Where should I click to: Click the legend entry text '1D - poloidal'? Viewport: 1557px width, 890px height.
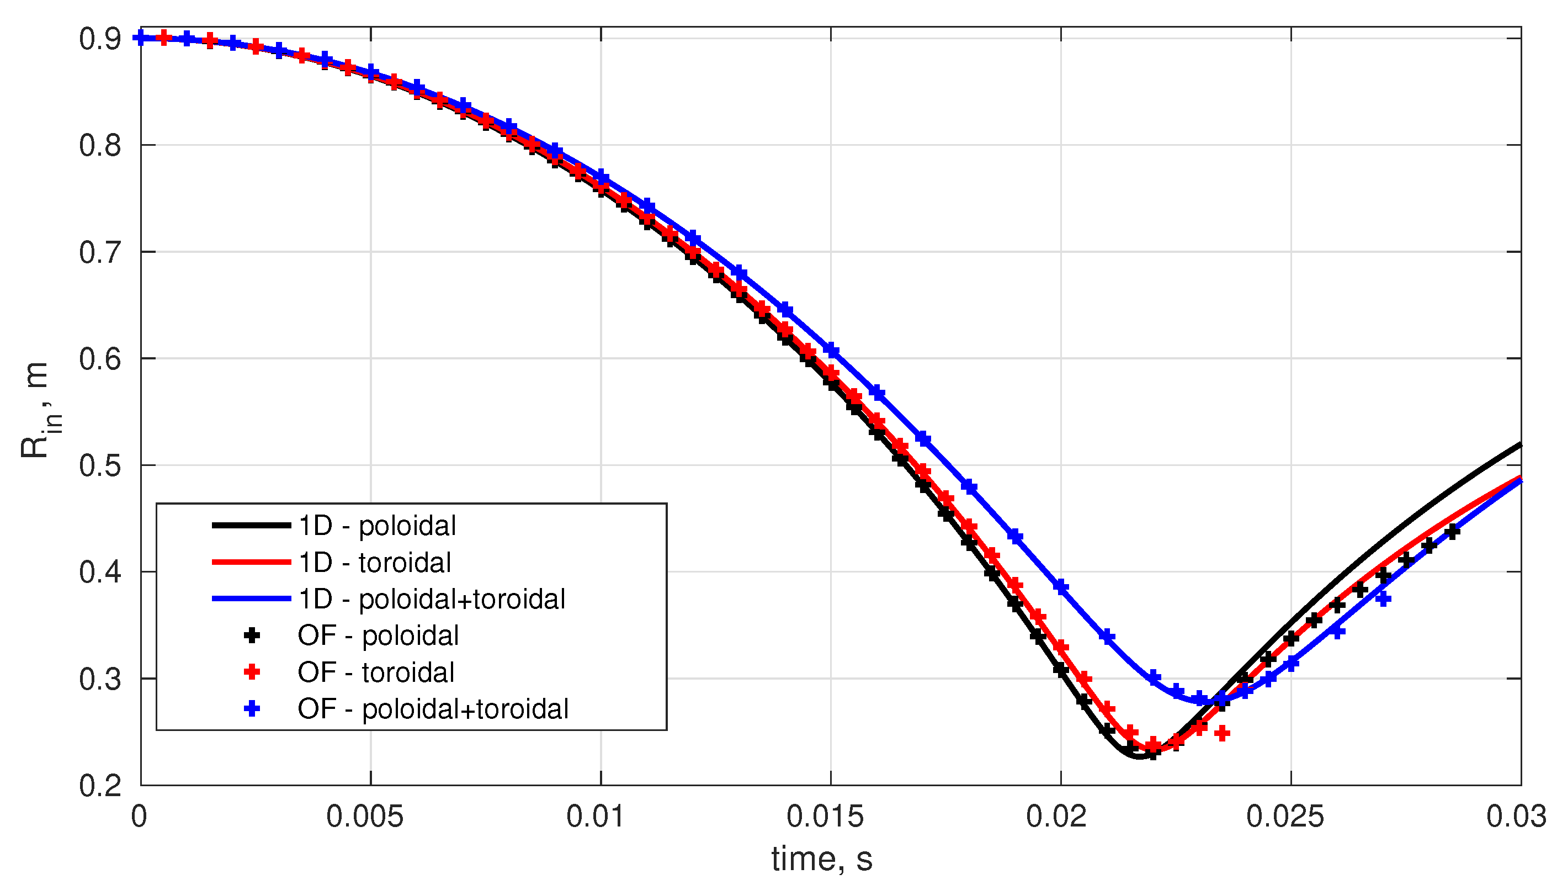[376, 526]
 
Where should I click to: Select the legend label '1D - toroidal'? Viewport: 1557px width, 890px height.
[374, 563]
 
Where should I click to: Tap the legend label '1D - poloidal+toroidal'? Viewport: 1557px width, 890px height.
[432, 599]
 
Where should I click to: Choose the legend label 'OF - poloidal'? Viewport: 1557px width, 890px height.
[378, 635]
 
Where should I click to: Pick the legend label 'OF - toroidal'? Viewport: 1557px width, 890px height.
[376, 672]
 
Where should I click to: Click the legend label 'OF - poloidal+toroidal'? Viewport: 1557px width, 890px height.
[433, 709]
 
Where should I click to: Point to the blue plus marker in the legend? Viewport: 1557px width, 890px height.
[252, 709]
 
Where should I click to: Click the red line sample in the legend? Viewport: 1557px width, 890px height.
[251, 563]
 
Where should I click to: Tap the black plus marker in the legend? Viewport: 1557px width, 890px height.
[252, 635]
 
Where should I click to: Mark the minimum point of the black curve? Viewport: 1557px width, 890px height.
[1139, 758]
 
